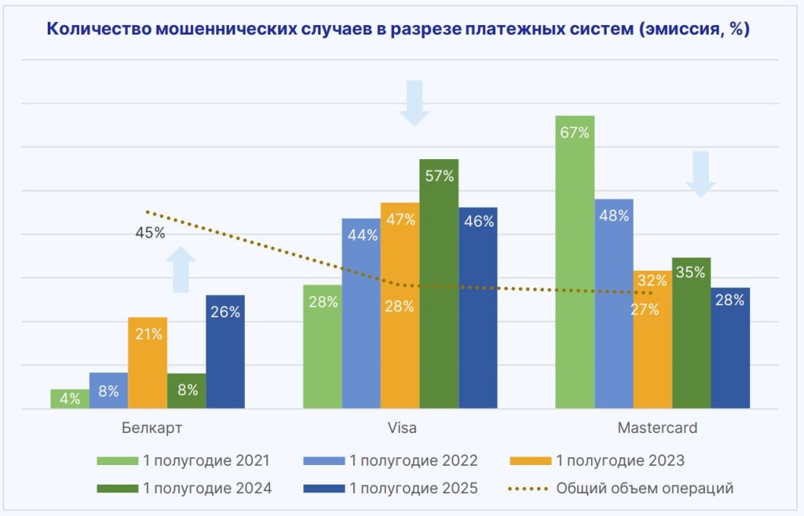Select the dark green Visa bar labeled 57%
439,283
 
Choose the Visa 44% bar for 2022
361,313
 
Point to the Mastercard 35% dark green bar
692,332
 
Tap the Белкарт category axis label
152,429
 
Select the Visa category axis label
402,429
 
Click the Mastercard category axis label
656,429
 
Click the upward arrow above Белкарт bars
181,269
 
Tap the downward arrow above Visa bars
415,103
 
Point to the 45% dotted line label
149,233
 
